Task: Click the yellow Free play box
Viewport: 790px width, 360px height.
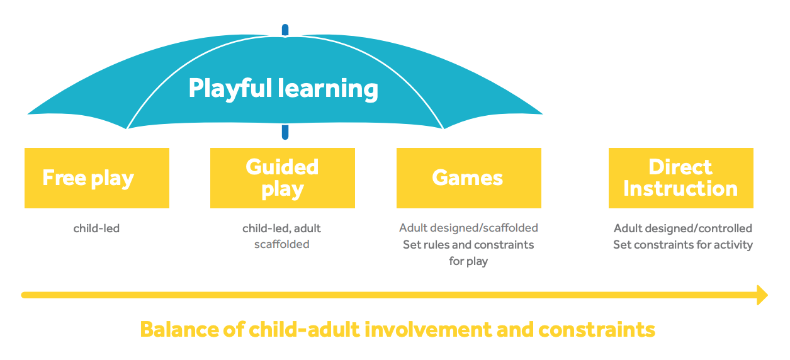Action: pos(96,178)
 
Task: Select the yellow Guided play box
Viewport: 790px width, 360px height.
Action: pos(282,178)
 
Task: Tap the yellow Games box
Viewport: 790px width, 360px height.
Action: pos(468,178)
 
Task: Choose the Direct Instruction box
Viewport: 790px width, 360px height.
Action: pos(680,178)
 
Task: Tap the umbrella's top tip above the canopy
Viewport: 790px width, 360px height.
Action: pos(285,30)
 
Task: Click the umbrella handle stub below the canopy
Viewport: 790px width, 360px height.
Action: pos(285,132)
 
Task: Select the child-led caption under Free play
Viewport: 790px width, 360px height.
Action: pos(96,228)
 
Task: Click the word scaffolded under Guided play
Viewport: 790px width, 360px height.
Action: pos(281,244)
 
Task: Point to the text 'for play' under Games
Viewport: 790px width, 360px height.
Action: pos(468,261)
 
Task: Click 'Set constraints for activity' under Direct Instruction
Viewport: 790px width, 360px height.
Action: pos(683,244)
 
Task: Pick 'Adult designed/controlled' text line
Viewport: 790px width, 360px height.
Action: pos(683,228)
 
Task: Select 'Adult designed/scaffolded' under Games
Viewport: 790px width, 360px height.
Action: pos(468,228)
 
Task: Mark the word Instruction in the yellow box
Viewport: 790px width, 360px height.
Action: pos(680,189)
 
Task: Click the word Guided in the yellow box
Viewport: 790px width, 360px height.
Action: pos(282,167)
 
